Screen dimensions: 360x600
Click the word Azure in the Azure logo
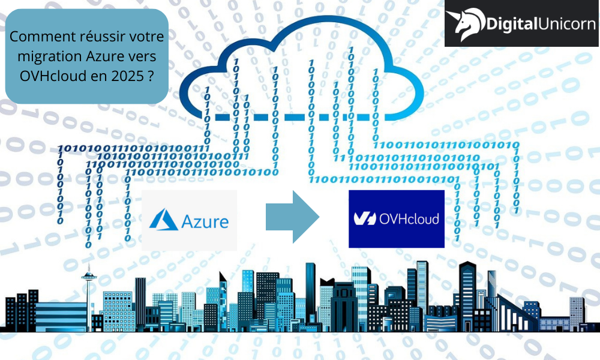[205, 222]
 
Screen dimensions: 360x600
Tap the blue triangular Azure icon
[164, 220]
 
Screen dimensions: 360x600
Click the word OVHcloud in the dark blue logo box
[409, 219]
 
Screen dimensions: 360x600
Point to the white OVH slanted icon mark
[365, 219]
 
